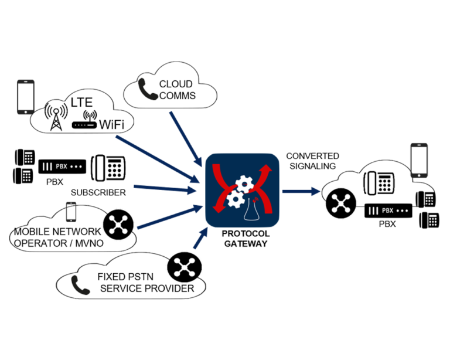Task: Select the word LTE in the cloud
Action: click(x=82, y=103)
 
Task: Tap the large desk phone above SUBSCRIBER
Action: click(x=109, y=168)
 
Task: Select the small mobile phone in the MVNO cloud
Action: click(x=71, y=211)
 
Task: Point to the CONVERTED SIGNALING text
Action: click(x=312, y=161)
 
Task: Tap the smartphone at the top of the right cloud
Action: click(x=418, y=159)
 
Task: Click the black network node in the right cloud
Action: click(x=339, y=203)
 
